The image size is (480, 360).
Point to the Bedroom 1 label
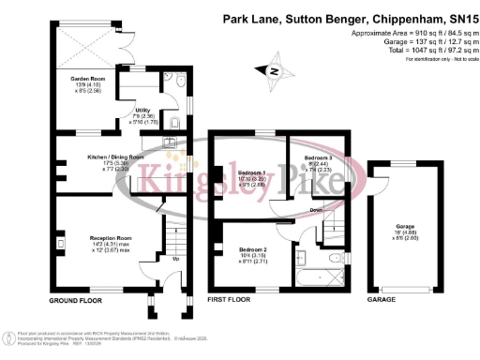pos(251,173)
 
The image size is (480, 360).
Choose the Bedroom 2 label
pos(247,248)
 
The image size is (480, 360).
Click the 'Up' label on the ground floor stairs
pos(175,258)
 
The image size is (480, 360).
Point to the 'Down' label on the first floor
pos(318,210)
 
